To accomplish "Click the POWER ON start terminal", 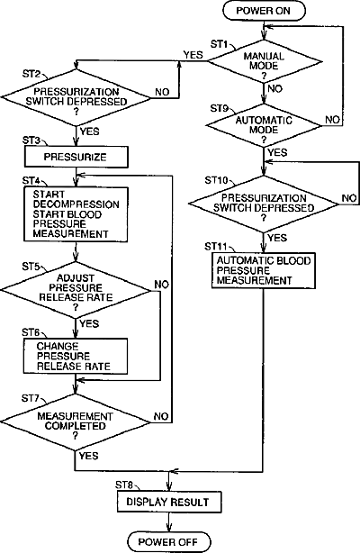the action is click(x=264, y=10).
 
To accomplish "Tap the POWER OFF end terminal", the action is click(x=168, y=541).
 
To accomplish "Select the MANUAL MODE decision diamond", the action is click(x=264, y=62).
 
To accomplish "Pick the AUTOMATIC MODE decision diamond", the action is click(x=264, y=125).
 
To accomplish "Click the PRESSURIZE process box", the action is click(x=76, y=157).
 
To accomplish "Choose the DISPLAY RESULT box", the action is click(x=169, y=502).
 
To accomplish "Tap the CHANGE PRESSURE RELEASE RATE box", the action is click(x=76, y=356).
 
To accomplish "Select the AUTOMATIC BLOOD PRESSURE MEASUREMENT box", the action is click(x=264, y=270).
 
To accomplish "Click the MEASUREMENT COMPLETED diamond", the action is click(x=75, y=422).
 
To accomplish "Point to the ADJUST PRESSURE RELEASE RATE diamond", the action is click(x=75, y=290).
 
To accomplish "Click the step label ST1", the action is click(x=220, y=44).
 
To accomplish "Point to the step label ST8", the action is click(x=124, y=485).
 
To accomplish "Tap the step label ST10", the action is click(x=217, y=180).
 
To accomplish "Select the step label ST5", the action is click(x=31, y=267).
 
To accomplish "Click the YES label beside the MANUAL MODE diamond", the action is click(x=193, y=55).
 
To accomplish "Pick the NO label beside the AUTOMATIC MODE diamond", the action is click(x=332, y=120).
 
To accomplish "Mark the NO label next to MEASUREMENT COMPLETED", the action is click(x=161, y=416).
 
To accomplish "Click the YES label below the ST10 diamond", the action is click(x=277, y=238).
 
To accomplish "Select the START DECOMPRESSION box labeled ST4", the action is click(x=76, y=214).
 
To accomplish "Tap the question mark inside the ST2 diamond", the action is click(x=76, y=112).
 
